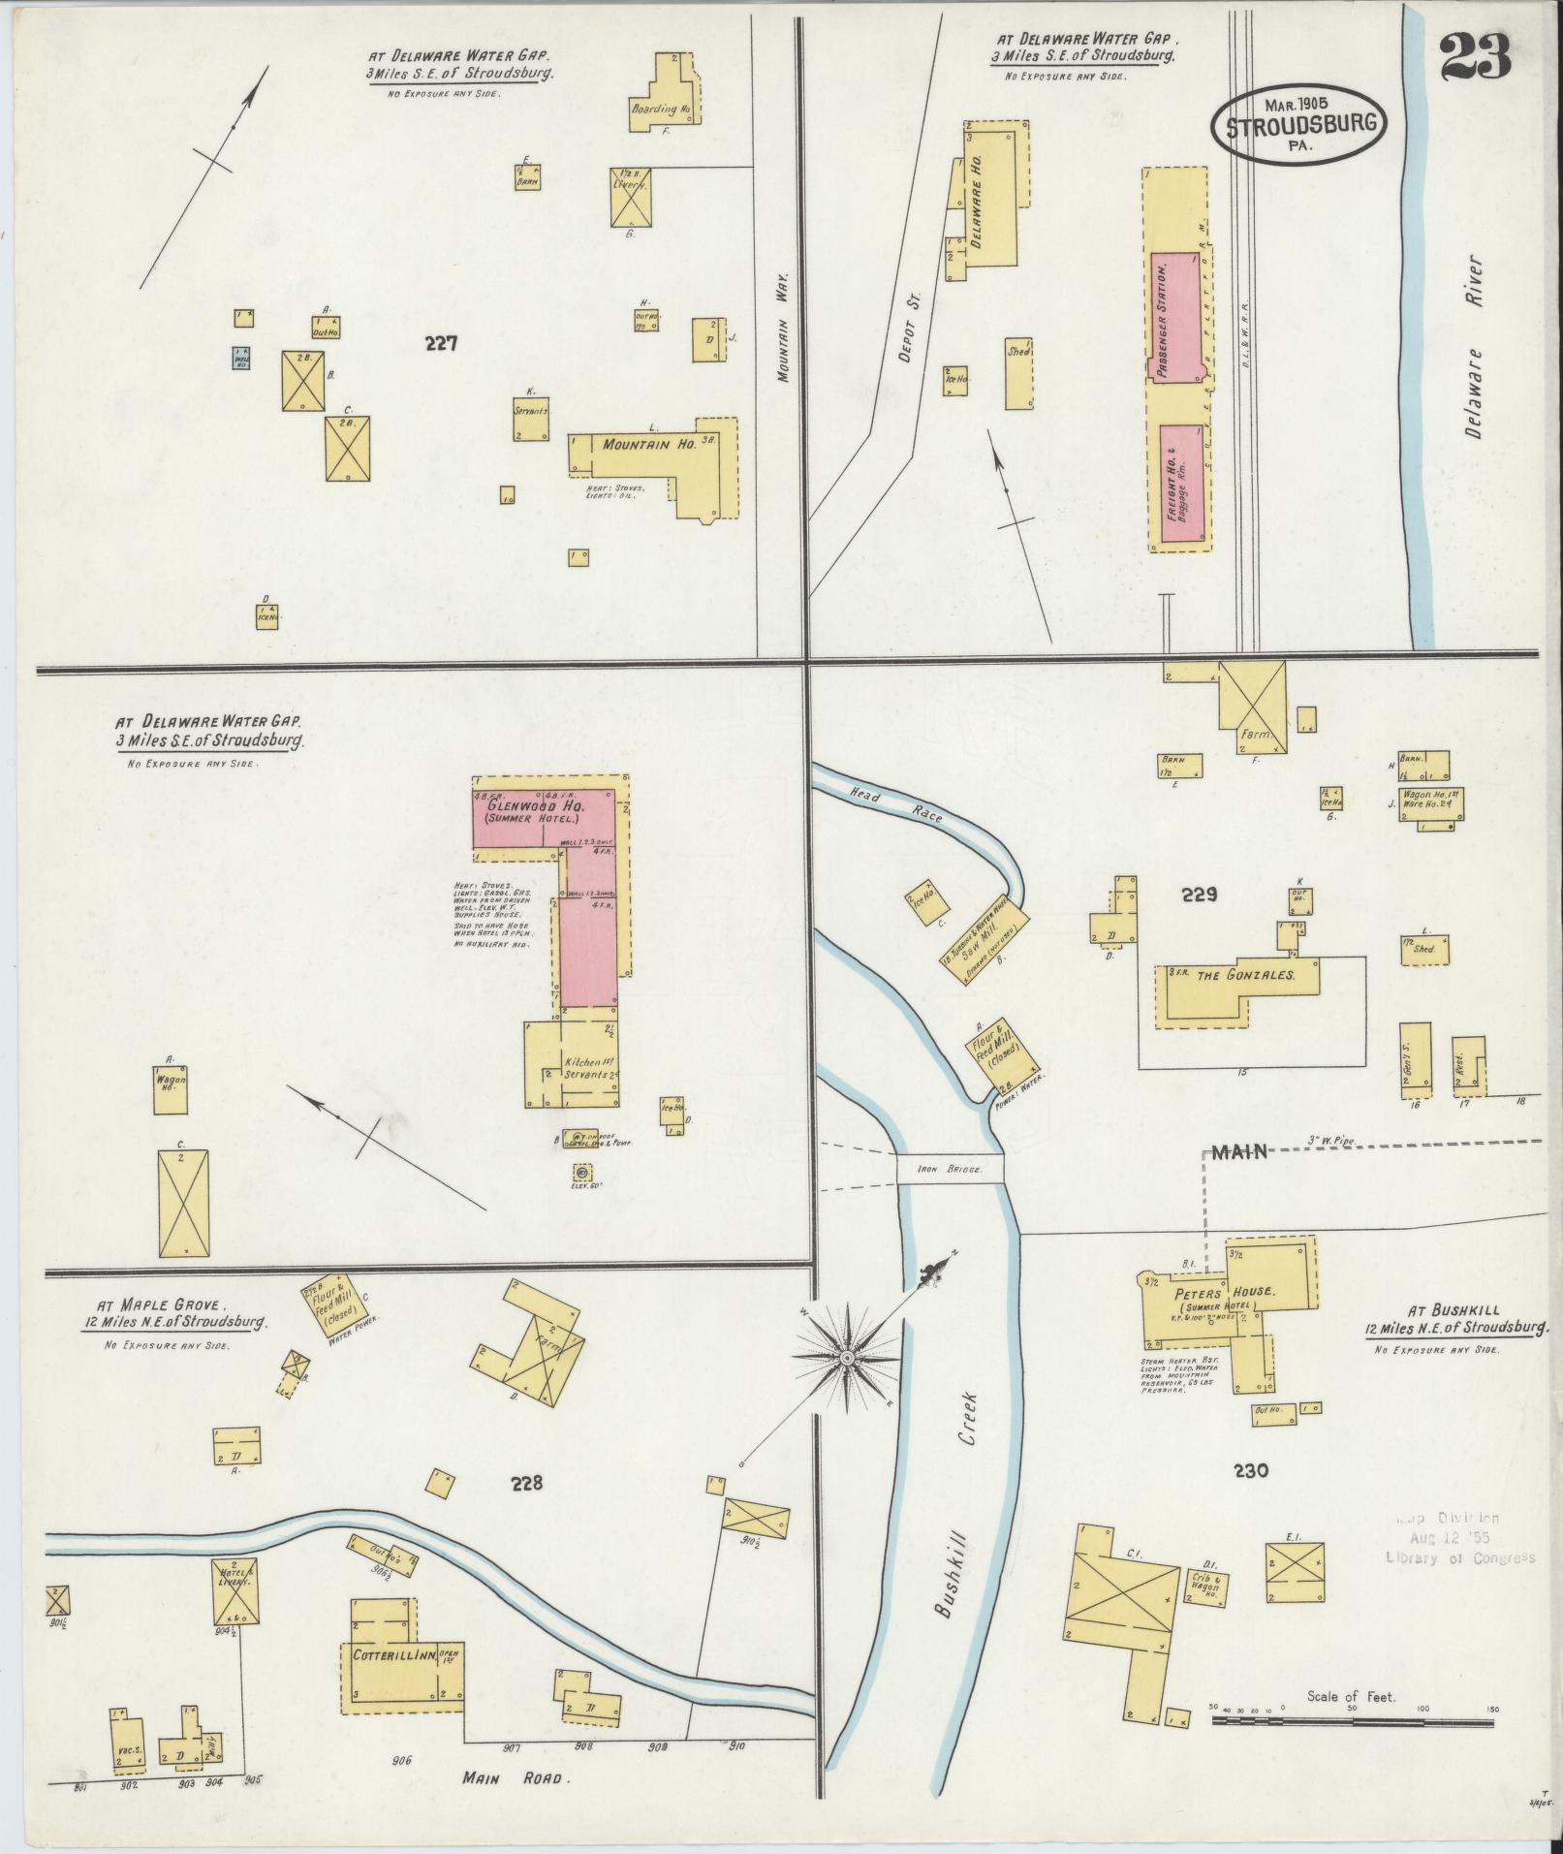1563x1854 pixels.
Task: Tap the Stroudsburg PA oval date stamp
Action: click(x=1297, y=124)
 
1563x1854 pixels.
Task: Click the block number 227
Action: click(x=440, y=342)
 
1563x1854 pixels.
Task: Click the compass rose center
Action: click(x=847, y=1360)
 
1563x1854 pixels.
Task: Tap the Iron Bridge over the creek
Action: click(x=949, y=1169)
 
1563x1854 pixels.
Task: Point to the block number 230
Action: click(x=1251, y=1497)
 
